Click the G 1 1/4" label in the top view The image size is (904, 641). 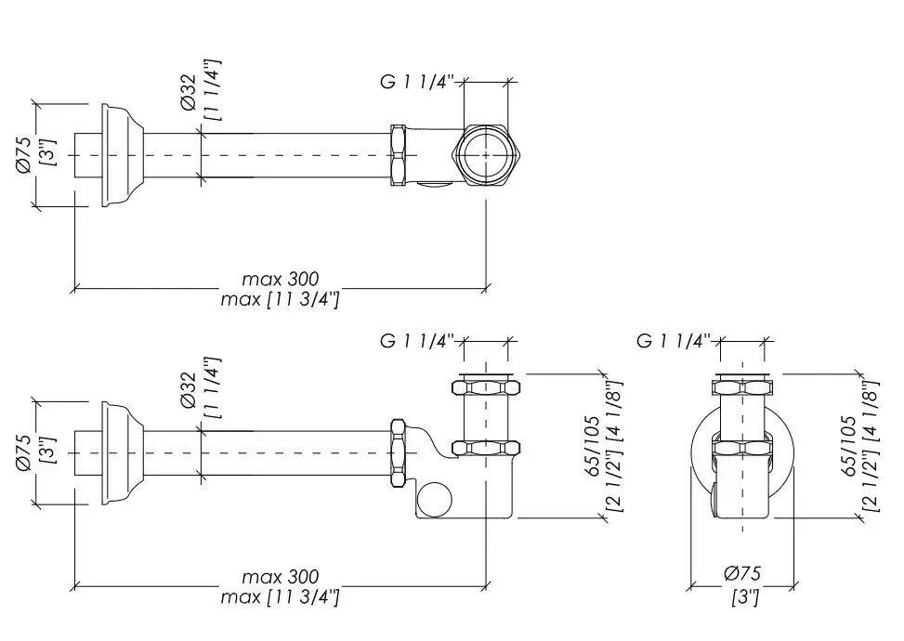tap(416, 83)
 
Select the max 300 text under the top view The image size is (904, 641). tap(280, 279)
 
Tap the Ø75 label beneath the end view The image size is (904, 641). tap(742, 575)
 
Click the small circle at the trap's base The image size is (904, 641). tap(431, 501)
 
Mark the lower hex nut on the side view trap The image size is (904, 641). tap(486, 448)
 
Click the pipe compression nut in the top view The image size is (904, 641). tap(400, 155)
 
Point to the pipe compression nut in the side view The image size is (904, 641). tap(400, 452)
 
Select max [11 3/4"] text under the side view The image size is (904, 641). tap(280, 597)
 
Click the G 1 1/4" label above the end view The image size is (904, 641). tap(674, 341)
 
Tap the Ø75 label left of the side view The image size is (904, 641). tap(25, 452)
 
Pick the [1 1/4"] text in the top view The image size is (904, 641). tap(215, 90)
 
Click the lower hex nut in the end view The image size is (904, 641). tap(742, 449)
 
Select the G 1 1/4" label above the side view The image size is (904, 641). tap(416, 341)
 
